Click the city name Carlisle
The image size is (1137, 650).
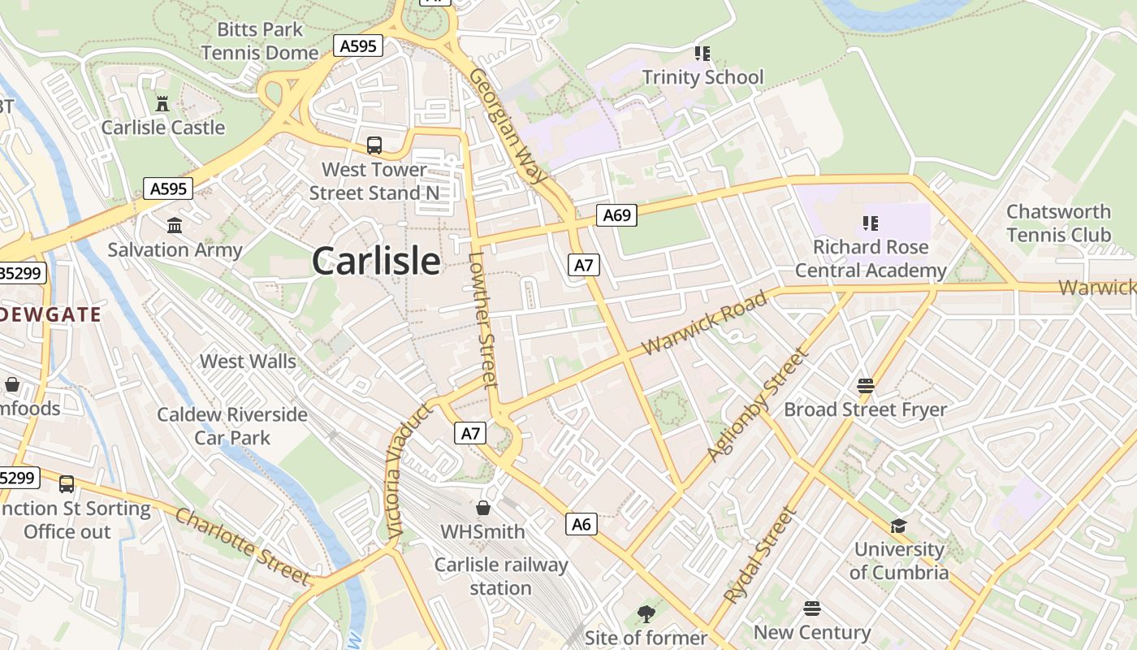click(376, 262)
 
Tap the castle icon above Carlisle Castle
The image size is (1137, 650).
click(162, 104)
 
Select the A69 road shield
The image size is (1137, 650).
click(616, 215)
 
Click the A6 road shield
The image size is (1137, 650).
click(581, 524)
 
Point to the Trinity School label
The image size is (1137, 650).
click(703, 77)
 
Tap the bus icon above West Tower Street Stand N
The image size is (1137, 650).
click(374, 145)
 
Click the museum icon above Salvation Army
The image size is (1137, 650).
click(175, 225)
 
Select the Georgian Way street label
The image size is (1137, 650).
click(508, 126)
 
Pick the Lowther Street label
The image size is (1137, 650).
click(482, 320)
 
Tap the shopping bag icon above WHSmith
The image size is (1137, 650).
click(483, 508)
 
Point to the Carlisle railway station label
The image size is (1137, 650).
click(500, 576)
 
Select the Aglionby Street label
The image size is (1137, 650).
click(759, 404)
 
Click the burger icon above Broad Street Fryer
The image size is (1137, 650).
click(865, 385)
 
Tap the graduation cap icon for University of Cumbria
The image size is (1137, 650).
click(898, 526)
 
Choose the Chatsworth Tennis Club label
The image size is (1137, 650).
click(1058, 223)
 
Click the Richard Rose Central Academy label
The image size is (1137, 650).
click(871, 258)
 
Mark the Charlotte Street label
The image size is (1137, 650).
click(243, 546)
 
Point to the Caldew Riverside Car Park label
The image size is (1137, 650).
click(232, 426)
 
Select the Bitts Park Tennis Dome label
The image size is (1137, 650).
click(260, 41)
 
